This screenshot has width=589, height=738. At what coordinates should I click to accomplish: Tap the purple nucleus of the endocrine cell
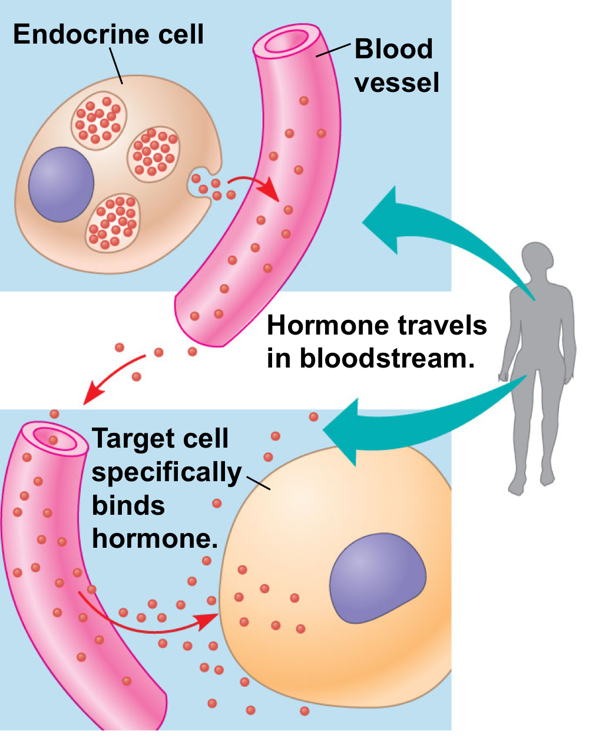pyautogui.click(x=61, y=184)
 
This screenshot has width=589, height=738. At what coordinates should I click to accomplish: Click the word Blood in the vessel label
pyautogui.click(x=393, y=49)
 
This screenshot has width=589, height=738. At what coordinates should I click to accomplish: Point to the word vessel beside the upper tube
pyautogui.click(x=396, y=82)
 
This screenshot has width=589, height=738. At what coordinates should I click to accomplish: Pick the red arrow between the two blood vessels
pyautogui.click(x=112, y=377)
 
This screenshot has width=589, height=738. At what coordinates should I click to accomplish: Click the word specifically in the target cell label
pyautogui.click(x=167, y=472)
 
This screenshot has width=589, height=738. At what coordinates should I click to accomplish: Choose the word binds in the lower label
pyautogui.click(x=128, y=505)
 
